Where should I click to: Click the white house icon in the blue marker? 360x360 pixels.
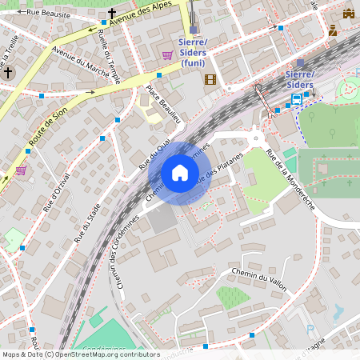point(180,173)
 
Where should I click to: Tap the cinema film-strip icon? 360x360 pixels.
point(210,79)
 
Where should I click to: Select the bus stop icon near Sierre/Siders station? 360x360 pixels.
point(297,99)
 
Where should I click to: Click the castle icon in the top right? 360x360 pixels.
point(348,13)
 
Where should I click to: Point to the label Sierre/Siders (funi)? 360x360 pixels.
point(193,52)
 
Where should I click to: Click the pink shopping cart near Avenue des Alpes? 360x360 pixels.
point(167,55)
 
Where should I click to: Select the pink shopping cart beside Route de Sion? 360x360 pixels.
point(21,170)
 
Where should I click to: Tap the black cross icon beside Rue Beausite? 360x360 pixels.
point(112,13)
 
